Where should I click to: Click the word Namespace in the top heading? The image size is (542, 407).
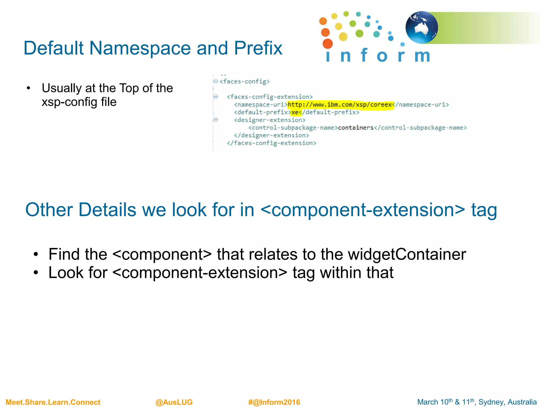140,48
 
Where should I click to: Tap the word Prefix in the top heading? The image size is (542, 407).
258,48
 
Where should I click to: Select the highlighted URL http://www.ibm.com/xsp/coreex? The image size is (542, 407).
340,105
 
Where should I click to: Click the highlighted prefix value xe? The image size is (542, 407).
295,112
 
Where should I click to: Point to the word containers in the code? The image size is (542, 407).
355,128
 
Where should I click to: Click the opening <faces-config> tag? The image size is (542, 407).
245,81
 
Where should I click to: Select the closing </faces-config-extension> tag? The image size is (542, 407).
272,143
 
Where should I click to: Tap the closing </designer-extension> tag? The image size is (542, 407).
272,135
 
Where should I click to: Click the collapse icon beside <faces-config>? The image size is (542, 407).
216,81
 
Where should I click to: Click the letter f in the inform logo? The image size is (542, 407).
364,55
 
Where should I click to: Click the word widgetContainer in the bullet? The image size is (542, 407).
407,254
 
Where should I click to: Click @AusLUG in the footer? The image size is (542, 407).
174,402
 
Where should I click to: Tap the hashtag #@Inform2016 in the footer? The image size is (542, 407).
274,402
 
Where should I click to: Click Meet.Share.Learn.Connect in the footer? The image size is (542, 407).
53,402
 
